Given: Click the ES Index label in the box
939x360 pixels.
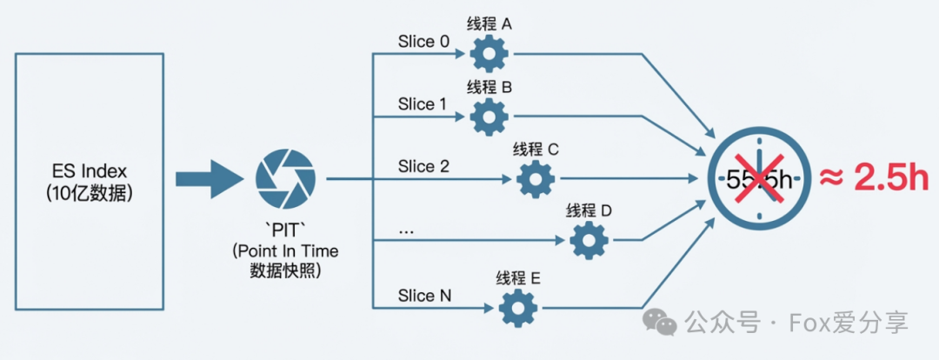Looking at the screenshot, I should [90, 169].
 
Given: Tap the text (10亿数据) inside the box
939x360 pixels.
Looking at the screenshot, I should [90, 193].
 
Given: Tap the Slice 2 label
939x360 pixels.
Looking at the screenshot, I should [423, 166].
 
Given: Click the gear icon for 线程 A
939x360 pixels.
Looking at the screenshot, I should [489, 54].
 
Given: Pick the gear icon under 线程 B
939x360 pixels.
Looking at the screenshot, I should [489, 115].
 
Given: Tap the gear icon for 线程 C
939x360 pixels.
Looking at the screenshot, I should [536, 178].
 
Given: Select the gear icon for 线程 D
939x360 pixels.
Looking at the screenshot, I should [589, 238].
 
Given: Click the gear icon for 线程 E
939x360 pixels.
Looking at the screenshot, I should [519, 306].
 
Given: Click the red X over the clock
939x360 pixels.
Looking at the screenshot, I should [757, 177].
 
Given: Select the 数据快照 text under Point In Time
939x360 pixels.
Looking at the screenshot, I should [285, 270].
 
